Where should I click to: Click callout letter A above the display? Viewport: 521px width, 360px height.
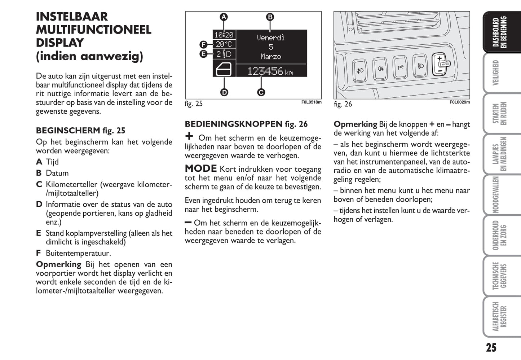coord(224,17)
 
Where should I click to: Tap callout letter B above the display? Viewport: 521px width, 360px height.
coord(270,17)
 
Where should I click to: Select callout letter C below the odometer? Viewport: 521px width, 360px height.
coord(261,92)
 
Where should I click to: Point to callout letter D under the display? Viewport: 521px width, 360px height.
coord(224,92)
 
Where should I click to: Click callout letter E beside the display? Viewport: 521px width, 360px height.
coord(203,54)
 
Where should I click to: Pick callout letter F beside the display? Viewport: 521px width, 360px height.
coord(203,45)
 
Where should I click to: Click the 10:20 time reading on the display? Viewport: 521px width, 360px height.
coord(224,35)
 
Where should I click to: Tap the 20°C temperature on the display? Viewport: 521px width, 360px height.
coord(224,44)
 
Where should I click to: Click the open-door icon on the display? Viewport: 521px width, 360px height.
coord(224,69)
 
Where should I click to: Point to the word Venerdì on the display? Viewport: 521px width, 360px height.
coord(270,38)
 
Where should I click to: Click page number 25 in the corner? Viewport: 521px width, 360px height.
coord(491,347)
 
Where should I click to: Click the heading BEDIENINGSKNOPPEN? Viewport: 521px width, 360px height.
coord(234,124)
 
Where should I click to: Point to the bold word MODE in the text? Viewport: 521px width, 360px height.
coord(201,168)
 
